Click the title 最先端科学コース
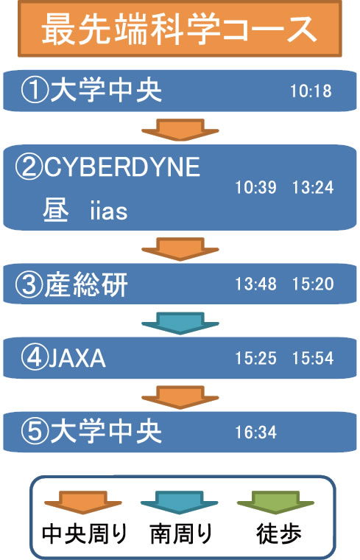click(180, 29)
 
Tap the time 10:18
click(311, 91)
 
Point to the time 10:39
click(255, 187)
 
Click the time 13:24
click(313, 187)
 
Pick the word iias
click(109, 211)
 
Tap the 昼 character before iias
click(56, 210)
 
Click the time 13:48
click(255, 284)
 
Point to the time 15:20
click(313, 284)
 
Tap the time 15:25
click(255, 358)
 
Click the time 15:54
click(313, 358)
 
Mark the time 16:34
click(255, 433)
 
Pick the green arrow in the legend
click(275, 503)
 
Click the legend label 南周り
click(181, 534)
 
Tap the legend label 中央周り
click(85, 534)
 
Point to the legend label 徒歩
click(279, 534)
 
